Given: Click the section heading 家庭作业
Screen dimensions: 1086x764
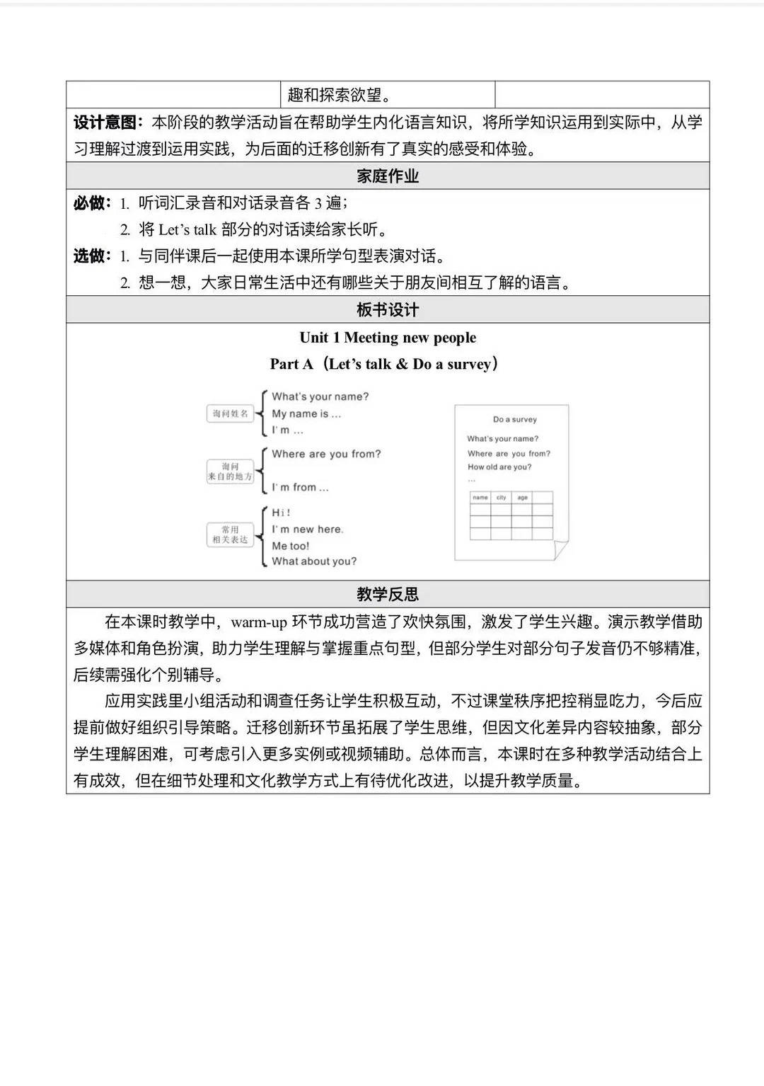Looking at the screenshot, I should (x=388, y=176).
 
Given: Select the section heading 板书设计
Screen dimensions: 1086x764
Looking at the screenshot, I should (x=388, y=309).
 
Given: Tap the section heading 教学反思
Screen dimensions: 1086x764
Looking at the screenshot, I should (x=388, y=594).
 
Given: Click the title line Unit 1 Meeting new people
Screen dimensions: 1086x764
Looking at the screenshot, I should (x=388, y=338).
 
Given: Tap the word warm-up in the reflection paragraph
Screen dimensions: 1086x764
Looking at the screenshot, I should (x=259, y=622).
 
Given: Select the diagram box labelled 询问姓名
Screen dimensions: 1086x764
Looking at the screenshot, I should (x=231, y=413).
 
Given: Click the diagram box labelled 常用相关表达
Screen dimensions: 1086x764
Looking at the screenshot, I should (x=231, y=535).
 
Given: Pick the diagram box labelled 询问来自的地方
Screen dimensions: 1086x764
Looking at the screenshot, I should (x=230, y=471).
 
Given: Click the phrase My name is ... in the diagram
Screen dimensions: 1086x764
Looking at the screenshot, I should (x=306, y=413).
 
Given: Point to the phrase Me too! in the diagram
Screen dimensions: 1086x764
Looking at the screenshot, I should (x=290, y=546).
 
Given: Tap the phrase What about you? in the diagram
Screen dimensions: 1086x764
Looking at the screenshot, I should (x=314, y=561).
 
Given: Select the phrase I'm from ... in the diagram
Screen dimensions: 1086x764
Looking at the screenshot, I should (x=300, y=487).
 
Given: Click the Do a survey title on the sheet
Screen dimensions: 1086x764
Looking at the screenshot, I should (x=515, y=419).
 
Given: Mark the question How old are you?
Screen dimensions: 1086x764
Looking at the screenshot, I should (x=499, y=467).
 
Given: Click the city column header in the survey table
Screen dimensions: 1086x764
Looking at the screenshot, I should (x=501, y=498).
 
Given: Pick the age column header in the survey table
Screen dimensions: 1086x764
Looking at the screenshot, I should (x=522, y=498).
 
